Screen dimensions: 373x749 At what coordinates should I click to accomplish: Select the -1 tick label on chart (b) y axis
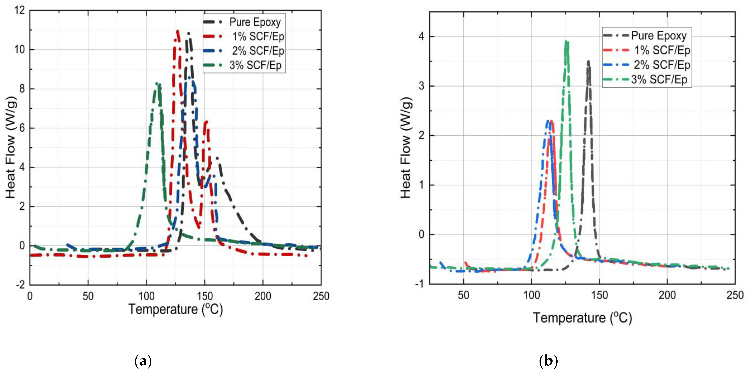pyautogui.click(x=419, y=284)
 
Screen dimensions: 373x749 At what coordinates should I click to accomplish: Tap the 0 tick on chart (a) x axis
pyautogui.click(x=30, y=296)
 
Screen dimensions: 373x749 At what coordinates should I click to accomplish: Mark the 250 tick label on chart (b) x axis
pyautogui.click(x=735, y=295)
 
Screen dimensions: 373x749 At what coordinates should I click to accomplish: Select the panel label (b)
pyautogui.click(x=548, y=361)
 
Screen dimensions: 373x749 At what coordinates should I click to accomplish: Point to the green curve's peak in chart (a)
pyautogui.click(x=157, y=84)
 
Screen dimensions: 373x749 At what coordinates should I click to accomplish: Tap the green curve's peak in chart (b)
pyautogui.click(x=566, y=41)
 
